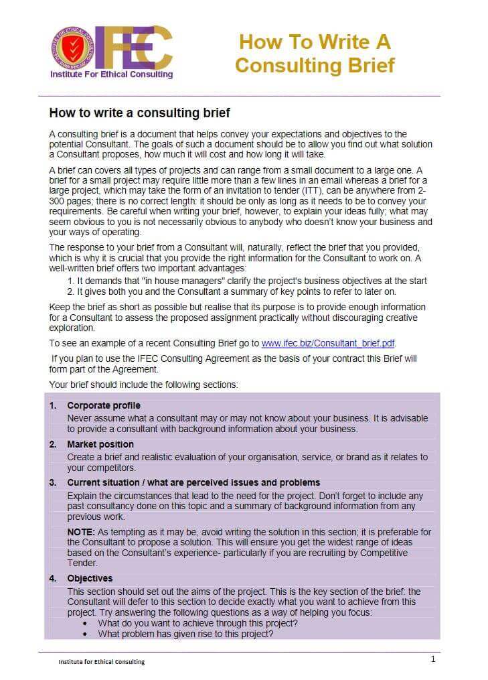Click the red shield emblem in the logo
tap(68, 48)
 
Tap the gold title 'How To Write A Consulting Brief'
tap(315, 54)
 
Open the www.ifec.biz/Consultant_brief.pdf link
tap(328, 343)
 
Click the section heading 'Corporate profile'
tap(104, 406)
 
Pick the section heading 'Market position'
tap(100, 444)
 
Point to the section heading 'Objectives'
tap(90, 578)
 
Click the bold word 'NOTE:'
tap(81, 532)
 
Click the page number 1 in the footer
tap(433, 659)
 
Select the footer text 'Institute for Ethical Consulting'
tap(102, 662)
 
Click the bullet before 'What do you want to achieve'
tap(85, 623)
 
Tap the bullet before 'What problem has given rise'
tap(85, 634)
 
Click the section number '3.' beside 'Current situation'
tap(53, 482)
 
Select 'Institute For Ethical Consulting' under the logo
tap(112, 74)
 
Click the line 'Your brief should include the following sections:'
tap(143, 385)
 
